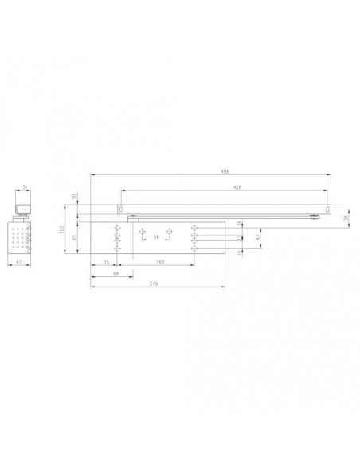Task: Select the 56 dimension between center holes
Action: pyautogui.click(x=155, y=237)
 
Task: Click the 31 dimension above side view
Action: pyautogui.click(x=25, y=188)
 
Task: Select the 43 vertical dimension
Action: pyautogui.click(x=256, y=236)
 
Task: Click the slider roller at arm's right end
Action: pyautogui.click(x=316, y=215)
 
